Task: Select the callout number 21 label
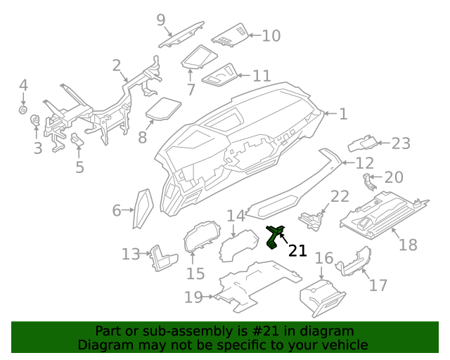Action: pyautogui.click(x=297, y=250)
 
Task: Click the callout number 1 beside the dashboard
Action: pyautogui.click(x=343, y=113)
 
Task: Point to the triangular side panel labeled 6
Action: pyautogui.click(x=143, y=209)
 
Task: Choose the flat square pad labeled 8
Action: pyautogui.click(x=164, y=108)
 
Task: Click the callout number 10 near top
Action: pyautogui.click(x=271, y=34)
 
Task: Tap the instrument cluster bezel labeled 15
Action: pyautogui.click(x=198, y=242)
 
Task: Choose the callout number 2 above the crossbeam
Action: pyautogui.click(x=116, y=66)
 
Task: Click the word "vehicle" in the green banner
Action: pyautogui.click(x=345, y=345)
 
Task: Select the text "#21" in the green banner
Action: pyautogui.click(x=255, y=330)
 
